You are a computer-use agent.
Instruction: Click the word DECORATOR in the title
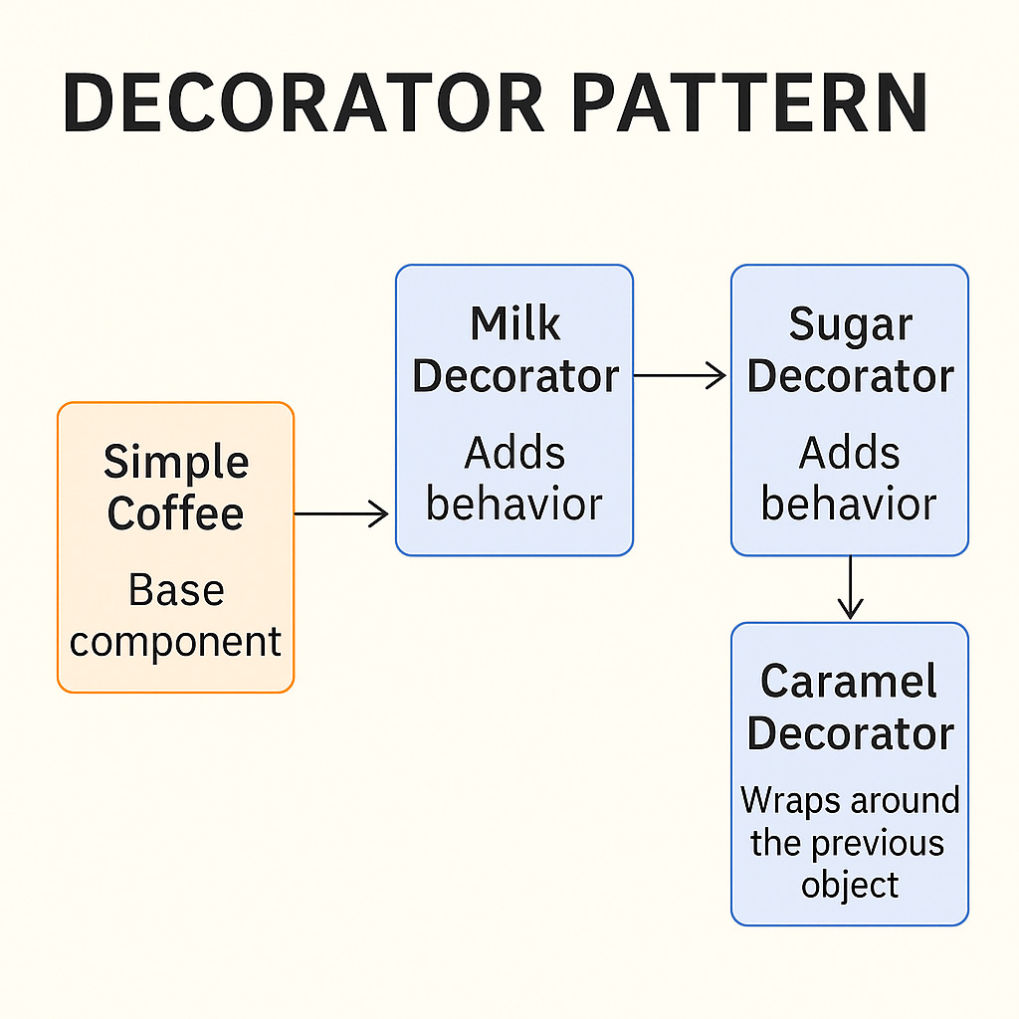304,102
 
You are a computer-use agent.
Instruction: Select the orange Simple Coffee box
175,546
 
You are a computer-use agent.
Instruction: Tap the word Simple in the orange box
176,464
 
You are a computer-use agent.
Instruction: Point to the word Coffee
176,513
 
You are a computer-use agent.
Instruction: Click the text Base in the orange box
176,591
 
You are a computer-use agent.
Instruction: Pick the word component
176,643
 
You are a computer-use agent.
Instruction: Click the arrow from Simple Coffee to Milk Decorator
342,513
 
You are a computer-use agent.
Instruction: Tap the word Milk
514,325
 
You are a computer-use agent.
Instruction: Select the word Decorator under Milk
514,376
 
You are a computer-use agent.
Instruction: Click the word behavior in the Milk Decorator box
514,505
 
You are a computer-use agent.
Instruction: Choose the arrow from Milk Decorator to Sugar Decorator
681,375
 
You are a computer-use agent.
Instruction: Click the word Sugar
850,325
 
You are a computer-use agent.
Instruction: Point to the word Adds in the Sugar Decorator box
850,454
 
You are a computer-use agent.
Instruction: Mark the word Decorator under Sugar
850,376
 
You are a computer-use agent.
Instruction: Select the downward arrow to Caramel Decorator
850,589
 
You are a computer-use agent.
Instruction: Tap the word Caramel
850,683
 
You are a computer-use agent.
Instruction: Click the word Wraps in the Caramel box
790,800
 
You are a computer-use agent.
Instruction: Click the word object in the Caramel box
850,885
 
